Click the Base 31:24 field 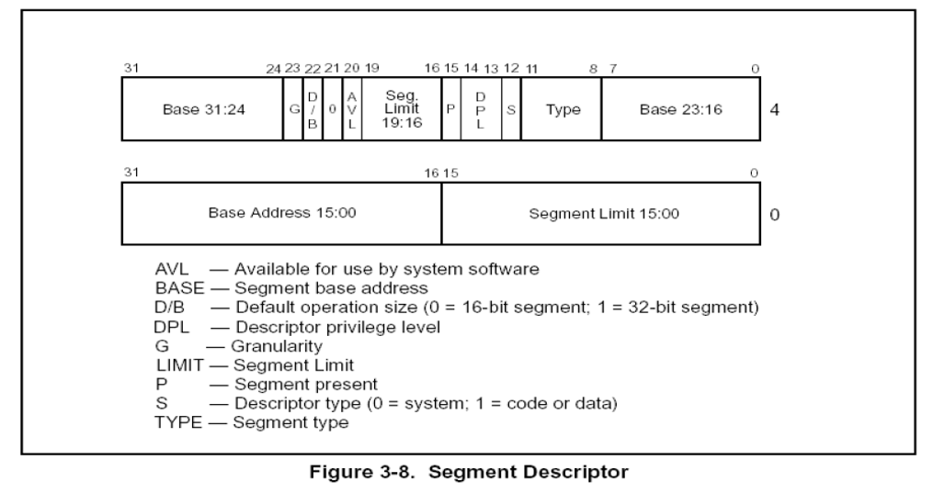click(202, 109)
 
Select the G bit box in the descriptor click(293, 109)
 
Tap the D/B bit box click(313, 109)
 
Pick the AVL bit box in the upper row click(352, 109)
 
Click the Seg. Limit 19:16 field click(402, 109)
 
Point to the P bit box click(451, 109)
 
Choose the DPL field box click(481, 109)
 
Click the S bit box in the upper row click(511, 109)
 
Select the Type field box click(561, 109)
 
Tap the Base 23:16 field click(681, 109)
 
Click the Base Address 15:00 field click(281, 214)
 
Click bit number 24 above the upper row click(274, 69)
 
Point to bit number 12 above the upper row click(511, 69)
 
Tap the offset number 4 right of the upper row click(774, 109)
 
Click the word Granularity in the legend click(277, 346)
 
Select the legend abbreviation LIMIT click(179, 365)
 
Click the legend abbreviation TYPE click(178, 422)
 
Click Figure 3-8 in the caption click(362, 471)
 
